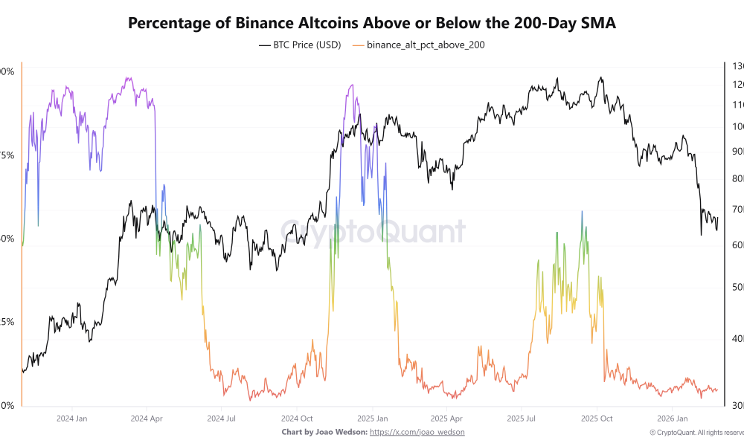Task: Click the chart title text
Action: tap(372, 23)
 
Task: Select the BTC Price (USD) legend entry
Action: tap(300, 45)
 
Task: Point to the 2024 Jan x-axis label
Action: tap(71, 418)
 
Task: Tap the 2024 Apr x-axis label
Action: tap(147, 418)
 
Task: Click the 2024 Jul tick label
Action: tap(222, 418)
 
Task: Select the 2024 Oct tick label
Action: tap(298, 418)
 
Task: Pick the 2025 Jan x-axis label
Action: tap(373, 418)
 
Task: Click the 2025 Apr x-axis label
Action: tap(446, 418)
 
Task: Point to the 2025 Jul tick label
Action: tap(522, 418)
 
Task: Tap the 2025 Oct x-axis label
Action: tap(597, 418)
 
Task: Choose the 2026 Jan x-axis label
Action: tap(672, 418)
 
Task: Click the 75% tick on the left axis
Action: tap(7, 155)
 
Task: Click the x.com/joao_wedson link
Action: tap(417, 432)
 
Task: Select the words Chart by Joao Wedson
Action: tap(324, 432)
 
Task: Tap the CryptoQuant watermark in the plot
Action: tap(372, 232)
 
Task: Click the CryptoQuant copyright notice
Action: tap(696, 432)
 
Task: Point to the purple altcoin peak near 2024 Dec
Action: tap(351, 85)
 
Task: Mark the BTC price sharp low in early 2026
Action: tap(702, 235)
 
